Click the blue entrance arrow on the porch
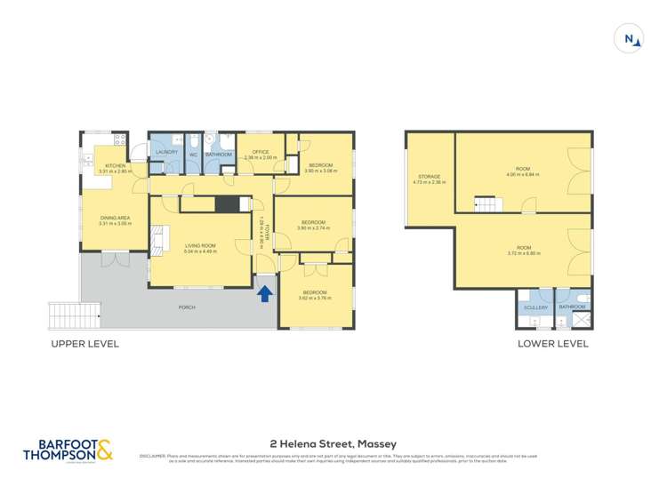(x=264, y=294)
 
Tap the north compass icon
(x=631, y=39)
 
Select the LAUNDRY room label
(x=167, y=153)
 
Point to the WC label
(x=193, y=155)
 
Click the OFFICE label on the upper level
(x=260, y=152)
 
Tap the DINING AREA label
(x=115, y=219)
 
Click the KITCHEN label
(x=117, y=166)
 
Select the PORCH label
(x=186, y=307)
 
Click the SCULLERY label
(x=534, y=307)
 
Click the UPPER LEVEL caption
(x=84, y=344)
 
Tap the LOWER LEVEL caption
(x=552, y=344)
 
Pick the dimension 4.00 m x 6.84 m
(x=522, y=174)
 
